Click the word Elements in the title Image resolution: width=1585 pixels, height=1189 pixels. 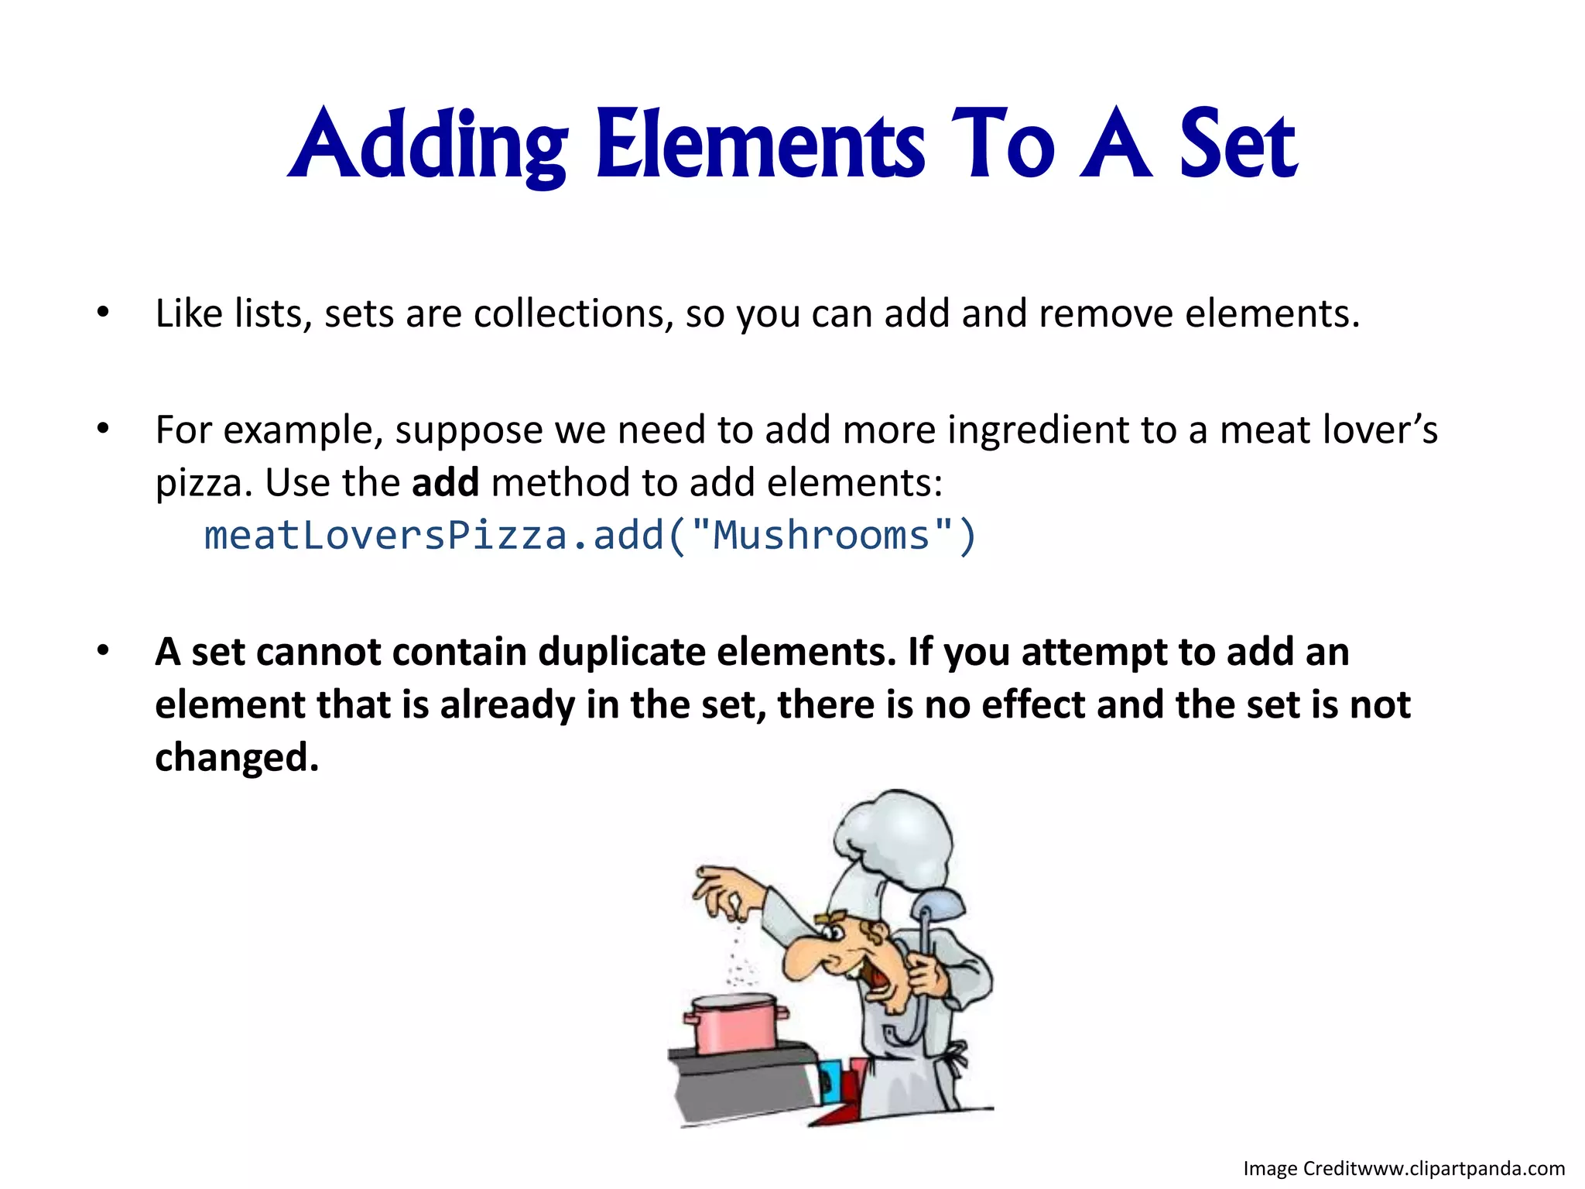click(x=760, y=145)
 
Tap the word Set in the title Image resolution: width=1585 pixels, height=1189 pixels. click(x=1237, y=145)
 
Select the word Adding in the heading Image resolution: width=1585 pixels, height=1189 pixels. click(x=428, y=145)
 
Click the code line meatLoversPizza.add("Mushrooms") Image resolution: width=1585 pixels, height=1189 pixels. click(x=590, y=536)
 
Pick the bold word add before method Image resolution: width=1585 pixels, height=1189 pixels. click(x=445, y=483)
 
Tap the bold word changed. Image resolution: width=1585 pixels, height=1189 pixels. click(x=236, y=757)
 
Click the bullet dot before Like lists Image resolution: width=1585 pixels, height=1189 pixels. click(x=103, y=314)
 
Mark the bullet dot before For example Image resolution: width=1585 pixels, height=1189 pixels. click(x=103, y=429)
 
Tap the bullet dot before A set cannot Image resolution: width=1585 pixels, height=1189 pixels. click(x=103, y=651)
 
